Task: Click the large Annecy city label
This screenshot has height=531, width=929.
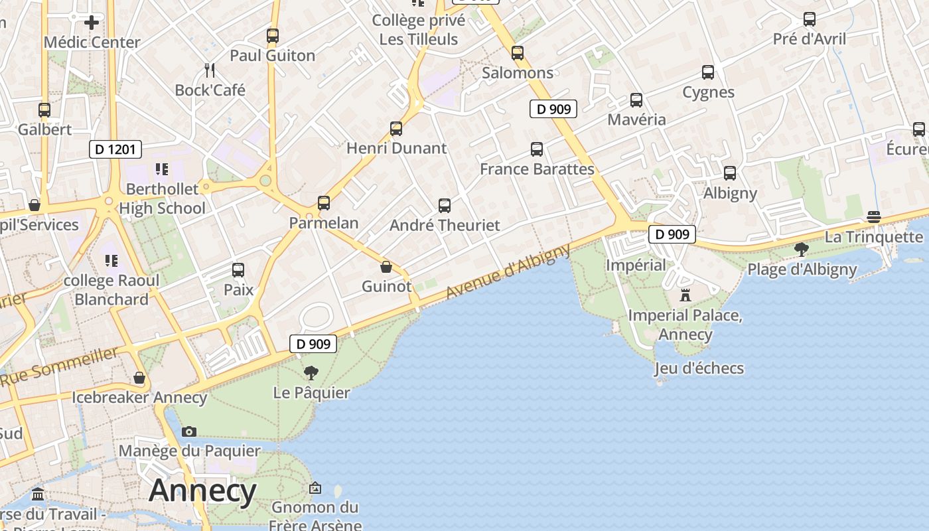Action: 202,491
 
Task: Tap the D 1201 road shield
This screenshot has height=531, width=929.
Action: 115,149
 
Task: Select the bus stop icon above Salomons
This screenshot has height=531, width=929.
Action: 518,53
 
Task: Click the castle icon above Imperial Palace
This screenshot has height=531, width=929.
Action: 685,295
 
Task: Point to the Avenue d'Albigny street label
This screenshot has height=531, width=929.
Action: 508,271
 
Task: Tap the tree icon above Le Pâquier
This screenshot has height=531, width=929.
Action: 311,372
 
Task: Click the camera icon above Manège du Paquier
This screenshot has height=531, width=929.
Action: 189,431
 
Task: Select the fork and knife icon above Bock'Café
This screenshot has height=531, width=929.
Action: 210,70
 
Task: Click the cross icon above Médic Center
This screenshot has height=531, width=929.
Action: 92,23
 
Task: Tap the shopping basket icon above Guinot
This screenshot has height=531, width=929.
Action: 386,267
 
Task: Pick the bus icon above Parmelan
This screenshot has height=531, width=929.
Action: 324,203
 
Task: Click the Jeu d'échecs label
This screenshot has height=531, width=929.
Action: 699,368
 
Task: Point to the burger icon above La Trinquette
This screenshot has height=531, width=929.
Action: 873,217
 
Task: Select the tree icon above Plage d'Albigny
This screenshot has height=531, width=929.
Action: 802,250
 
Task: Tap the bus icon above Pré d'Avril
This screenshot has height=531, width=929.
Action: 810,19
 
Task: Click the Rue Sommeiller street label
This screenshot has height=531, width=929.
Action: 60,366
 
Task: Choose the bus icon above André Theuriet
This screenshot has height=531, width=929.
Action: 445,206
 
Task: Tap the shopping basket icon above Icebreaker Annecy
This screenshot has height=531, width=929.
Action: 139,378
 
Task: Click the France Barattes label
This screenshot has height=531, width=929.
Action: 537,169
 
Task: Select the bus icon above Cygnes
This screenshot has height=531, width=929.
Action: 708,72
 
